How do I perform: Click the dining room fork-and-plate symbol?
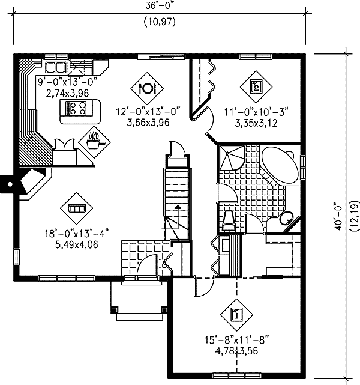147,88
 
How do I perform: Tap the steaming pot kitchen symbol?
94,142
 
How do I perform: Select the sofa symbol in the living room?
77,208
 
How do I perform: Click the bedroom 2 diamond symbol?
256,87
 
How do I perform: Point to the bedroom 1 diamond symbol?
236,315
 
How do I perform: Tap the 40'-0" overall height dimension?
338,216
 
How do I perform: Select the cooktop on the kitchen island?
76,108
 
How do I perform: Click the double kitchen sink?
56,67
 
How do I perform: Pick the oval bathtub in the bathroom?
280,165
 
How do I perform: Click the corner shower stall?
232,158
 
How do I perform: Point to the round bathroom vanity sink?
286,217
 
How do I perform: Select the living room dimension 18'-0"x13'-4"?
77,234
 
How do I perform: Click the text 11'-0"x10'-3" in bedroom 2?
256,112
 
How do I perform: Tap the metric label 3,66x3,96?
148,123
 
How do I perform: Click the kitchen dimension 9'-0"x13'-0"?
68,82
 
